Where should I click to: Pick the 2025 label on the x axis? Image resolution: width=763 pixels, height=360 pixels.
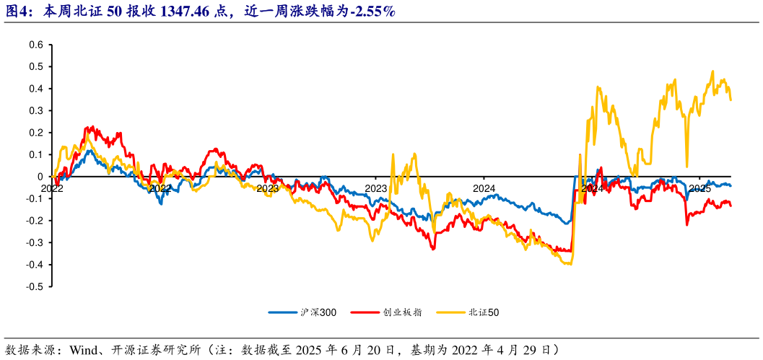pyautogui.click(x=699, y=188)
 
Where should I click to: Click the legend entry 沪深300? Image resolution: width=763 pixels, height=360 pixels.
pyautogui.click(x=318, y=312)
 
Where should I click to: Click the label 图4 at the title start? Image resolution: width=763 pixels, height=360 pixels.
pyautogui.click(x=17, y=12)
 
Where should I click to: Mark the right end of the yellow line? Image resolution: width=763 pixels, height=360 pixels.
pyautogui.click(x=731, y=100)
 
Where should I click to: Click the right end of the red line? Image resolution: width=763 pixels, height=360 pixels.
pyautogui.click(x=731, y=206)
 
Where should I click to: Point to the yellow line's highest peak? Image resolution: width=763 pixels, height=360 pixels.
pyautogui.click(x=712, y=71)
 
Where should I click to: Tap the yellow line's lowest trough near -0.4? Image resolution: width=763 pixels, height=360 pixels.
pyautogui.click(x=570, y=264)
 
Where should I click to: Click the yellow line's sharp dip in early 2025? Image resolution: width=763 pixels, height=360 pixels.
pyautogui.click(x=686, y=167)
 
